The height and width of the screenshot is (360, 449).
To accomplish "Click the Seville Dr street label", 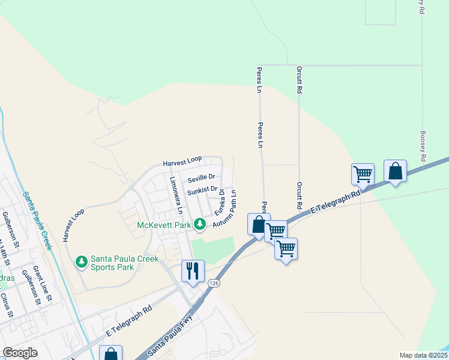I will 201,178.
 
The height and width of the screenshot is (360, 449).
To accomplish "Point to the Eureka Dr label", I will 220,203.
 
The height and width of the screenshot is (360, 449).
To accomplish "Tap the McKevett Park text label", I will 164,225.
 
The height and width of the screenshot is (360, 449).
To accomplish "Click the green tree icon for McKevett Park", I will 199,225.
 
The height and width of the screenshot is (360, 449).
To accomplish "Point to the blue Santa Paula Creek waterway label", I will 37,220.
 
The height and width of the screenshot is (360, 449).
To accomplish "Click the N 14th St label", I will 5,252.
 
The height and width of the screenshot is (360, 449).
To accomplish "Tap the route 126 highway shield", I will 213,283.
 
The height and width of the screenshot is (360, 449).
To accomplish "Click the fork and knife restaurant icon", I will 193,270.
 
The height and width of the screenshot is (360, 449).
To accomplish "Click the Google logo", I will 20,353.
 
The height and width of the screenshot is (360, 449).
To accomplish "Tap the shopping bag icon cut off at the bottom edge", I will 110,353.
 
